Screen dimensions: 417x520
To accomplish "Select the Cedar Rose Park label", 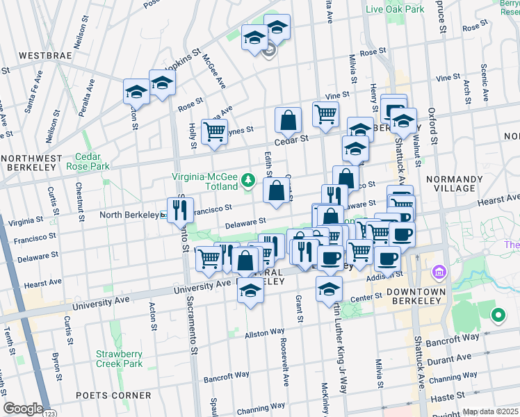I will [x=88, y=162].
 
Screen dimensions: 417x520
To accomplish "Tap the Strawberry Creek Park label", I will [x=119, y=359].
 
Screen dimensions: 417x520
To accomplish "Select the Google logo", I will [x=23, y=408].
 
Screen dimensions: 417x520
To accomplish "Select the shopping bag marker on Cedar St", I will [x=288, y=120].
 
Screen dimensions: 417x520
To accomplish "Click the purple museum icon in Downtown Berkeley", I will [x=438, y=270].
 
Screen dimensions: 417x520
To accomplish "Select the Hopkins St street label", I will [x=184, y=55].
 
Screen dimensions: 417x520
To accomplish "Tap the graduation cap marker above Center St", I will [x=330, y=289].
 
